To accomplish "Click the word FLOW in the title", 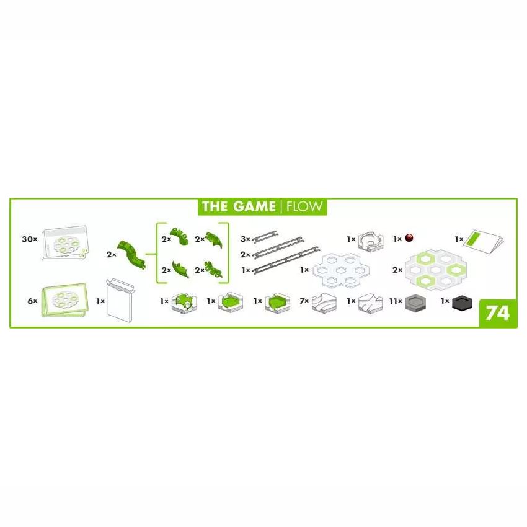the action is coord(304,206).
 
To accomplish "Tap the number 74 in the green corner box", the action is coord(497,313).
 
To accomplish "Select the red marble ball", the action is coord(409,238).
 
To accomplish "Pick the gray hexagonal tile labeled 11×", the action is coord(415,303).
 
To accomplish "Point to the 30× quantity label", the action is coord(29,239).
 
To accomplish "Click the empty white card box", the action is coord(120,301).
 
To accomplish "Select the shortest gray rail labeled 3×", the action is coord(265,237).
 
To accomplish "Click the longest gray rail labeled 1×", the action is coord(286,260).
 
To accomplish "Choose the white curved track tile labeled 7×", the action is coord(324,304).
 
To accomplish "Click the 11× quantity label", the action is coord(396,301).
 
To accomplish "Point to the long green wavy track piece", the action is coord(131,254).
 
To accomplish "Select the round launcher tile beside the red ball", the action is coord(371,241).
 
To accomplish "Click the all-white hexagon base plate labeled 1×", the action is coord(341,270).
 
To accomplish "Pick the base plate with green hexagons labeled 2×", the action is coord(436,269).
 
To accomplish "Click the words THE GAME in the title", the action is coord(238,206).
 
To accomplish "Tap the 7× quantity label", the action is coord(304,301).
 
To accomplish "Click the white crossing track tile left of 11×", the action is coord(370,304).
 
